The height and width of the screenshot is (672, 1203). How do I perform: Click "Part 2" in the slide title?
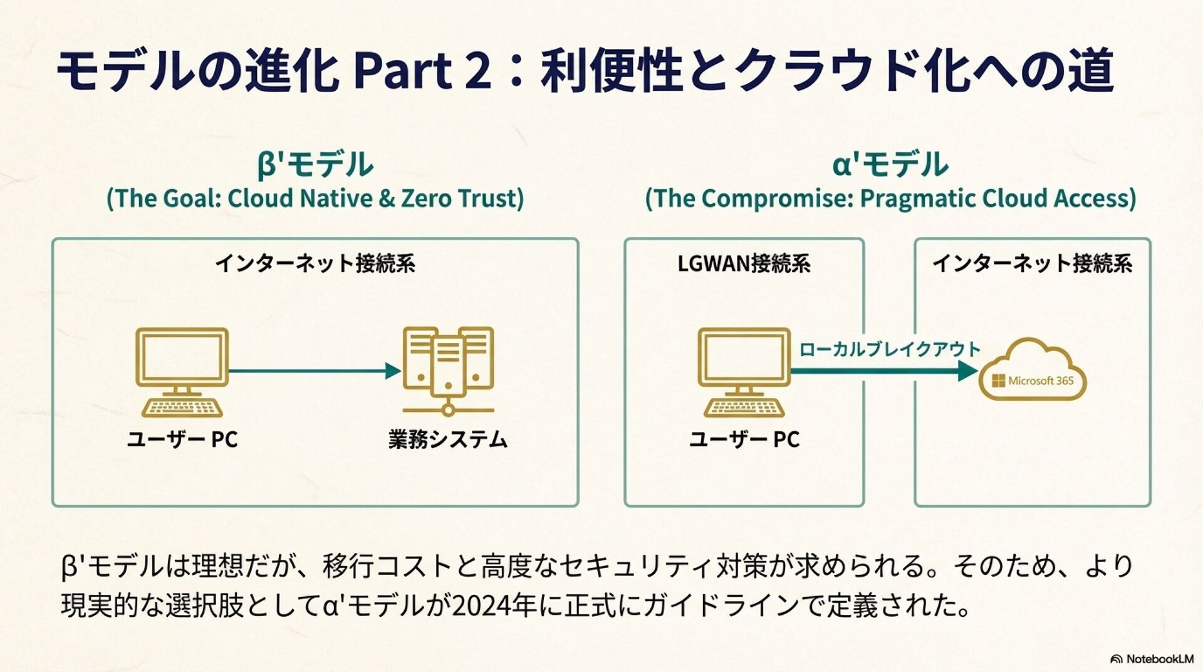point(422,70)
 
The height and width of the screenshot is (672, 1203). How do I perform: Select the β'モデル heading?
point(315,164)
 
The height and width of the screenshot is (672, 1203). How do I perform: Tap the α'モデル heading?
point(890,164)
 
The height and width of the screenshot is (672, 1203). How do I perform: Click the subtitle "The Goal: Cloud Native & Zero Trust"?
point(315,199)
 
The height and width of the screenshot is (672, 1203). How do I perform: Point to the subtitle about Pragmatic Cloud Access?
point(890,199)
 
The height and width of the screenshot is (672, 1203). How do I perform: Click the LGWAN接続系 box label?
point(744,263)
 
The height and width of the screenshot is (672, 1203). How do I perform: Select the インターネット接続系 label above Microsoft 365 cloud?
point(1032,263)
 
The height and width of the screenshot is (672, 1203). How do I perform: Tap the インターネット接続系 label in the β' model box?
point(315,263)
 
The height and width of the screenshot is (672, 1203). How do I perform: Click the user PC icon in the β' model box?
point(182,372)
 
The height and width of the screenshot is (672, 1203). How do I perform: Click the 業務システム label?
point(447,439)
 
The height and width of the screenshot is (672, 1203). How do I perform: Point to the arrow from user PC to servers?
point(313,371)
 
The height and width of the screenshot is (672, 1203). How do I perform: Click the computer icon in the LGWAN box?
point(744,372)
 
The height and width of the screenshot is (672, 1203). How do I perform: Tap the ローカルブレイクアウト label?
point(890,349)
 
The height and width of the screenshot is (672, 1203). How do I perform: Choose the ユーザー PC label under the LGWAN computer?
point(744,439)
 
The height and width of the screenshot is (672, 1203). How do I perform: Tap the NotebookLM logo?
point(1152,659)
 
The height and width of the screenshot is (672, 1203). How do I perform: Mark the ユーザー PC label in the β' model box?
point(182,439)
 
